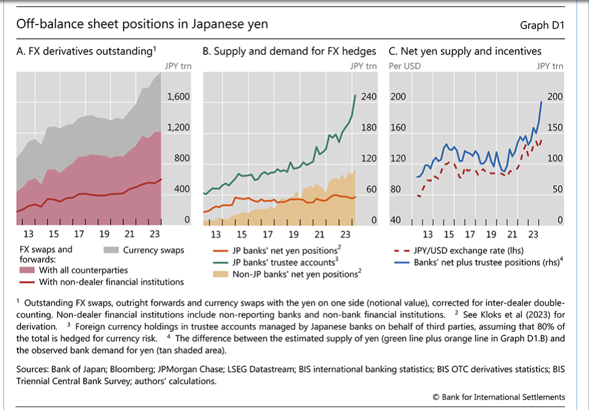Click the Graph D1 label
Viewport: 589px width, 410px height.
point(541,26)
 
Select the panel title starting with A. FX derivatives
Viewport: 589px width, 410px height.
point(86,52)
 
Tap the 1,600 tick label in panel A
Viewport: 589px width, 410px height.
point(178,97)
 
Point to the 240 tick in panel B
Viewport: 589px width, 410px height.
point(369,97)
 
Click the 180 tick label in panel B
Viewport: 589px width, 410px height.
point(369,128)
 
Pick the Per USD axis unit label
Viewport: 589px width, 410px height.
point(405,66)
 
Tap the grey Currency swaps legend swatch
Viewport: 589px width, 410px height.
point(112,250)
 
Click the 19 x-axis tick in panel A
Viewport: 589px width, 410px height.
point(104,234)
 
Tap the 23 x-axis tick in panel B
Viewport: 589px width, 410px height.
point(345,234)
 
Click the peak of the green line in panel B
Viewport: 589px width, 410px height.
point(356,95)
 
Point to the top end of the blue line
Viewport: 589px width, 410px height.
point(541,102)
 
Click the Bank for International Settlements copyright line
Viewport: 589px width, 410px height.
point(499,397)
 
